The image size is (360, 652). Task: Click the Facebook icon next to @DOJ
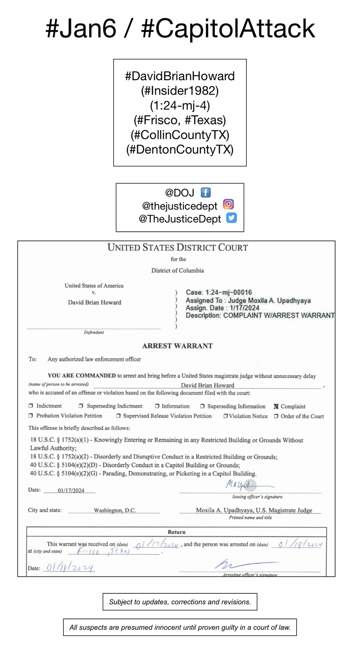pos(205,193)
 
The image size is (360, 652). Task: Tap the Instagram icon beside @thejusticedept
pos(228,205)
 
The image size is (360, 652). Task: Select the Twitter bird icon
pos(231,218)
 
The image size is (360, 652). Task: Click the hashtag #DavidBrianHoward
pos(180,76)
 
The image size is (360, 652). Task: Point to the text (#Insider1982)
pos(180,91)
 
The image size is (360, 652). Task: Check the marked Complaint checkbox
pos(276,406)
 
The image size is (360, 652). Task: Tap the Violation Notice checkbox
pos(225,416)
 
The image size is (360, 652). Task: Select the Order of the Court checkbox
pos(276,416)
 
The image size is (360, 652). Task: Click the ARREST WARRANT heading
pos(177,346)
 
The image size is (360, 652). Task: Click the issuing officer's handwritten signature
pos(242,484)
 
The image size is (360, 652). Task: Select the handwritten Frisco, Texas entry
pos(104,551)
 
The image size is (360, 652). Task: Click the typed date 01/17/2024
pos(71,491)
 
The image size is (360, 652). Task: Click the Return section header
pos(177,532)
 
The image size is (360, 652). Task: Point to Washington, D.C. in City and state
pos(115,511)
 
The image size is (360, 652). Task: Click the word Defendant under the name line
pos(94,332)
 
